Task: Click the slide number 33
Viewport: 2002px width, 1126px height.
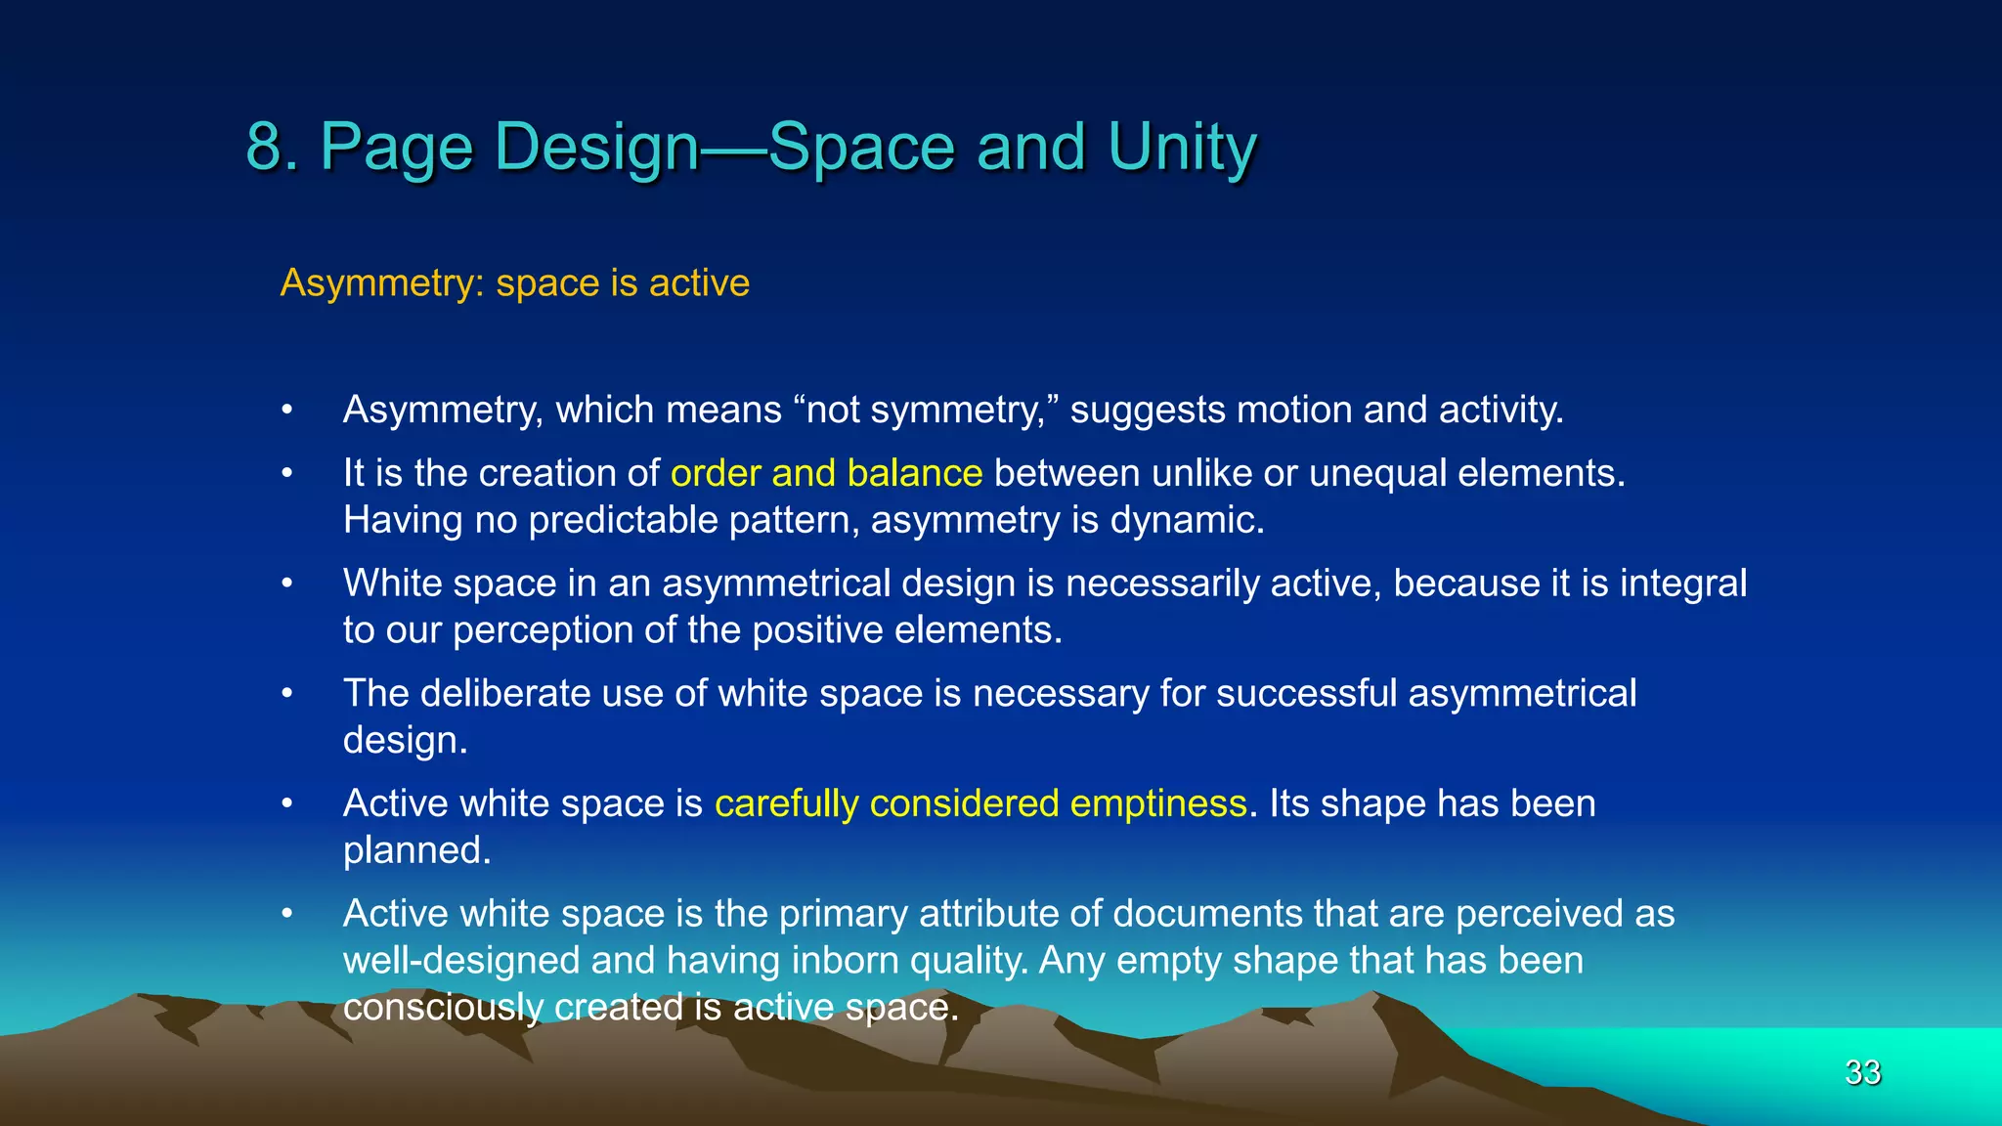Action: point(1862,1072)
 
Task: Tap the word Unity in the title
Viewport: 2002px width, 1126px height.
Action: point(1182,147)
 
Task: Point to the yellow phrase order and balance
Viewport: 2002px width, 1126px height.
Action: point(826,473)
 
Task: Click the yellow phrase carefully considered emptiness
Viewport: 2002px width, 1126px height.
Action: point(980,803)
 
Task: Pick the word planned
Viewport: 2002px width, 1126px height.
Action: point(415,850)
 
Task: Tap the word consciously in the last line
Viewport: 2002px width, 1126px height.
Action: point(442,1008)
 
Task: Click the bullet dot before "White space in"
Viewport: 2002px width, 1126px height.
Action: point(286,584)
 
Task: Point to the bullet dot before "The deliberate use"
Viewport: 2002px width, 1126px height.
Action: point(286,694)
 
